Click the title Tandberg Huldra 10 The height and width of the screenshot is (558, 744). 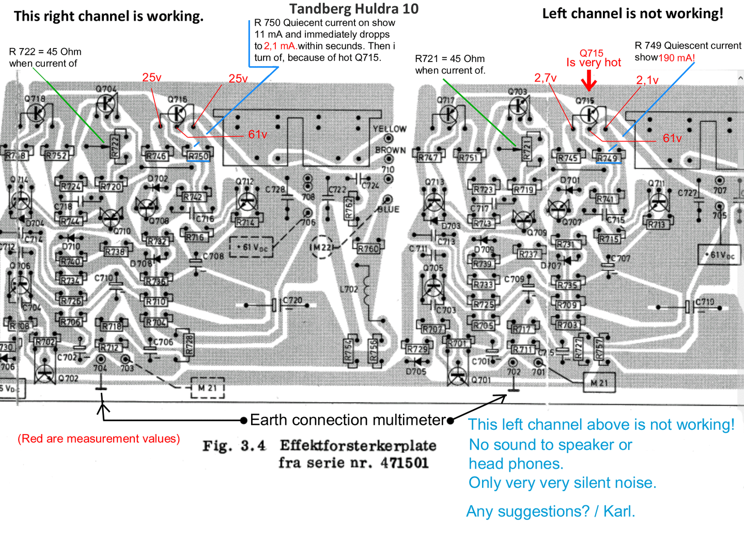click(354, 9)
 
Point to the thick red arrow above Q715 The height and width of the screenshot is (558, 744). click(588, 81)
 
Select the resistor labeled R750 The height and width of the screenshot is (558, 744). click(198, 156)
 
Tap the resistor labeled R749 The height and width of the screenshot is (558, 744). click(608, 158)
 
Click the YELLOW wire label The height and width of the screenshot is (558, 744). click(390, 129)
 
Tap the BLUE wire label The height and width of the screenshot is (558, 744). click(388, 209)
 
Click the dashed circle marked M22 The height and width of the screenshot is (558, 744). click(321, 247)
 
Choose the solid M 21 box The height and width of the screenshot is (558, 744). click(599, 383)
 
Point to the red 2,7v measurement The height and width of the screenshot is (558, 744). click(545, 78)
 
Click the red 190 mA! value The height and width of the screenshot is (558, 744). click(676, 58)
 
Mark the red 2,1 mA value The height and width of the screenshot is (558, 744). click(280, 46)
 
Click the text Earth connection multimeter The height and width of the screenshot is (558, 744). click(348, 420)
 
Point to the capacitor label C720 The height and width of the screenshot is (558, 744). click(292, 300)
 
